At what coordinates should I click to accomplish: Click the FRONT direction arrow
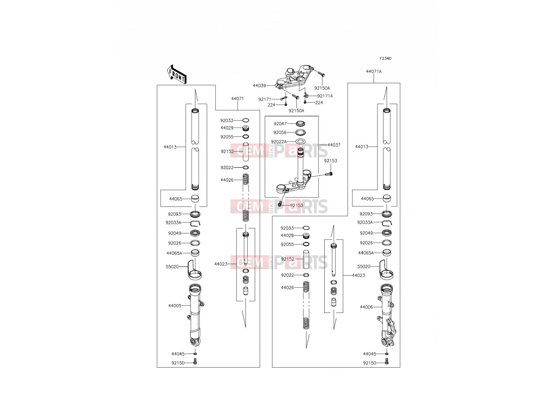[176, 74]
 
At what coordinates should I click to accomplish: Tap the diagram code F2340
[385, 59]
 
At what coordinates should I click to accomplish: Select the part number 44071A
[374, 72]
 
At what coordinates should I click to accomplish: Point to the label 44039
[259, 86]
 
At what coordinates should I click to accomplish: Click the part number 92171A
[325, 96]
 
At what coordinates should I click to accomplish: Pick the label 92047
[280, 124]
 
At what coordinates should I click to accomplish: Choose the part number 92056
[280, 133]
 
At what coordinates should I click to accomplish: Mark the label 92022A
[279, 142]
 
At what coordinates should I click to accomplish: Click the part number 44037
[334, 145]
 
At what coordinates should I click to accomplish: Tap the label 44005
[175, 306]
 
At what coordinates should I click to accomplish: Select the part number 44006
[366, 307]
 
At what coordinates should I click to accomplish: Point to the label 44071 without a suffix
[237, 99]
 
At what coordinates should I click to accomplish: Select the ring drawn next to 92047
[300, 124]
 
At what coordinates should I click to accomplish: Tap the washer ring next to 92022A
[300, 141]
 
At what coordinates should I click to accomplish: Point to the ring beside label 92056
[300, 133]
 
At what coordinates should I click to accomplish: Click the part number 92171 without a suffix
[265, 100]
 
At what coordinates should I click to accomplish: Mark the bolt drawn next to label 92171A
[306, 95]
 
